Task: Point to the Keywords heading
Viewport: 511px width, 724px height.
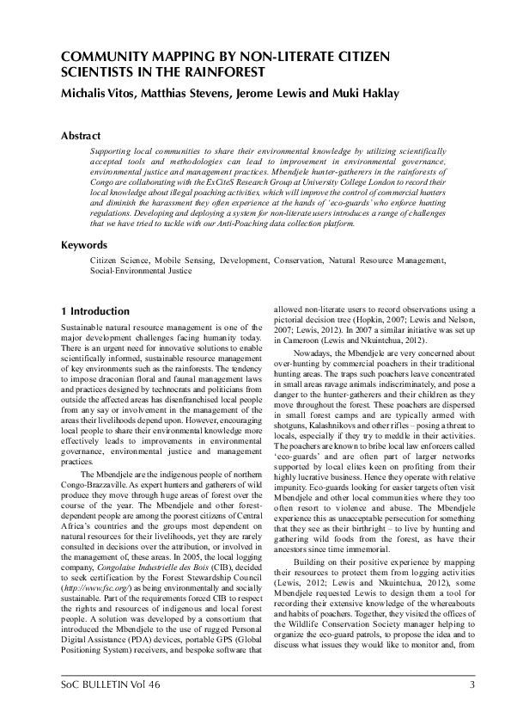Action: point(84,244)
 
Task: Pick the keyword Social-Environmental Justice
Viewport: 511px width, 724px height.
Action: point(141,269)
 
